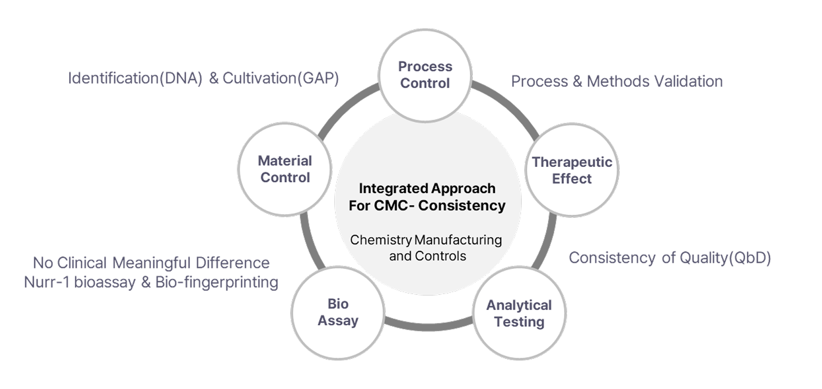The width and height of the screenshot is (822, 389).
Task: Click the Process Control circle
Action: [425, 75]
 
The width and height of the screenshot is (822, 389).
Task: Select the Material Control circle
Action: [285, 169]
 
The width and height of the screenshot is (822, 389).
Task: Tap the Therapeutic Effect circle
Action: [572, 170]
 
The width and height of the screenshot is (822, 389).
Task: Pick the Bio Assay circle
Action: [338, 312]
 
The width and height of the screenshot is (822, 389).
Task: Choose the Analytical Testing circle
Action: [519, 313]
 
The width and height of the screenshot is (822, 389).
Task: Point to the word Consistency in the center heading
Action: [462, 206]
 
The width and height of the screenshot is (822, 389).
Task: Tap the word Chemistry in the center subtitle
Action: [381, 240]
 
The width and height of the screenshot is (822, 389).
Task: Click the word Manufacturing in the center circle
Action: [458, 240]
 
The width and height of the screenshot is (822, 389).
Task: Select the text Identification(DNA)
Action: [135, 78]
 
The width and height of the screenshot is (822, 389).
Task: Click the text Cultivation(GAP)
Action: [281, 78]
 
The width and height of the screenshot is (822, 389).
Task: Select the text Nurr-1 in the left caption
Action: [43, 282]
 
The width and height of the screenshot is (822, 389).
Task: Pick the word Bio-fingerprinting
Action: [217, 282]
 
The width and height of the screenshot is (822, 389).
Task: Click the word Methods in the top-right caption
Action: [617, 82]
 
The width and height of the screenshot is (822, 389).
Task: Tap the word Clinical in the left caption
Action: [82, 263]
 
